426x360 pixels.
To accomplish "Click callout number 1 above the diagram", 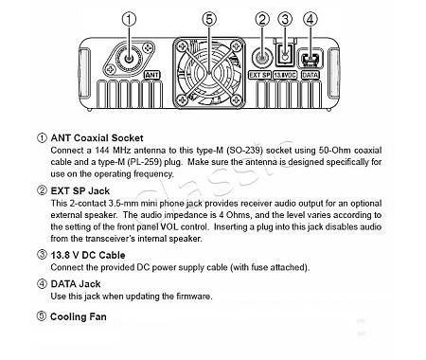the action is pyautogui.click(x=129, y=19).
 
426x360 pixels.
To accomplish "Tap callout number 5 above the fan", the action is pyautogui.click(x=209, y=19).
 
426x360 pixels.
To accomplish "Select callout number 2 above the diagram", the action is pyautogui.click(x=262, y=19).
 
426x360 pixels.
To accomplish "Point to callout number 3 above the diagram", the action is pyautogui.click(x=285, y=19).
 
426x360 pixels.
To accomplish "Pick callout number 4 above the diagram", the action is pyautogui.click(x=311, y=19).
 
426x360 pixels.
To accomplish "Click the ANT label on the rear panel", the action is pyautogui.click(x=152, y=75).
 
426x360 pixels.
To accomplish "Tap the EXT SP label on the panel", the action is pyautogui.click(x=259, y=75).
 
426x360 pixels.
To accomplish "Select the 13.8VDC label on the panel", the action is pyautogui.click(x=285, y=75).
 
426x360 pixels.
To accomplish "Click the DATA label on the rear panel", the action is pyautogui.click(x=311, y=75).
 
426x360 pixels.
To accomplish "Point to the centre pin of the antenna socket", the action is pyautogui.click(x=129, y=59).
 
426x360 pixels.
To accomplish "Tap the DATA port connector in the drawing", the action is pyautogui.click(x=310, y=59).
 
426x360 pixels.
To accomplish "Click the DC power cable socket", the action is pyautogui.click(x=285, y=55).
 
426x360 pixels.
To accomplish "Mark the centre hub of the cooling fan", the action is pyautogui.click(x=209, y=73).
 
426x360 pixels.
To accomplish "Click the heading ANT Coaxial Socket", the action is pyautogui.click(x=97, y=138).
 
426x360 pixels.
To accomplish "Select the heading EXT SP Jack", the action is pyautogui.click(x=80, y=191).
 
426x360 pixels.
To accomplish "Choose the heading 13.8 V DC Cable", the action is pyautogui.click(x=88, y=255).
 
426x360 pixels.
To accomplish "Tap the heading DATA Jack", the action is pyautogui.click(x=76, y=284).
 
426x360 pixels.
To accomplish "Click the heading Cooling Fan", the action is pyautogui.click(x=79, y=316).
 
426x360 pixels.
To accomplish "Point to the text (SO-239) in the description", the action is pyautogui.click(x=244, y=151).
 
